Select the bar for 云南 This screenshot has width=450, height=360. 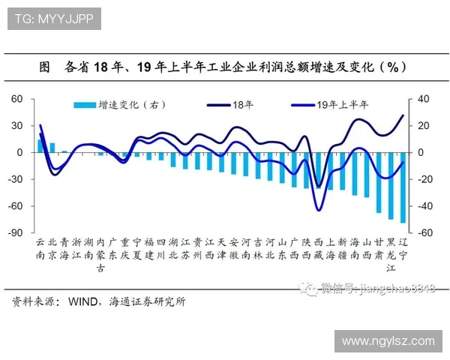pos(40,146)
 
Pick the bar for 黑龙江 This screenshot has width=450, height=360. pos(391,185)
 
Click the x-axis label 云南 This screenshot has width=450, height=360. pos(40,249)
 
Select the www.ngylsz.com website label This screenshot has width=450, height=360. pos(388,340)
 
